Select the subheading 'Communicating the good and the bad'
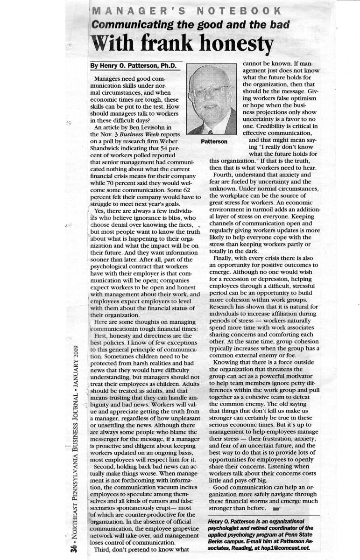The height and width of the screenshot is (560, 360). [x=191, y=25]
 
